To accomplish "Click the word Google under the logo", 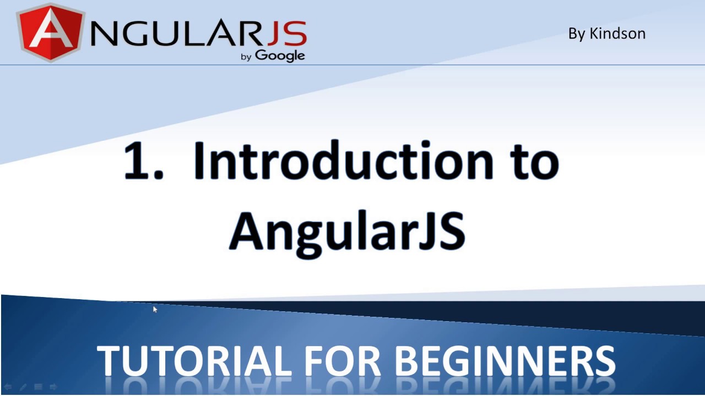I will pos(280,55).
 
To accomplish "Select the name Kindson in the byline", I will pos(617,34).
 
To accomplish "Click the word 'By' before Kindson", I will pos(577,34).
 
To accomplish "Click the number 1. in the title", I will pos(143,161).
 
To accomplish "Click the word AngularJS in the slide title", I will pos(347,231).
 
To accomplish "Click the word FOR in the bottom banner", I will pos(342,361).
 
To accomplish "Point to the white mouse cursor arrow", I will pos(155,310).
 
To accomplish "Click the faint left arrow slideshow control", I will pos(8,387).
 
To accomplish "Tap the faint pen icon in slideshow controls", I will pos(23,387).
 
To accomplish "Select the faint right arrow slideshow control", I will pos(53,387).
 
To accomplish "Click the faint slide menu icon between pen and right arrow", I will pos(38,387).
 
